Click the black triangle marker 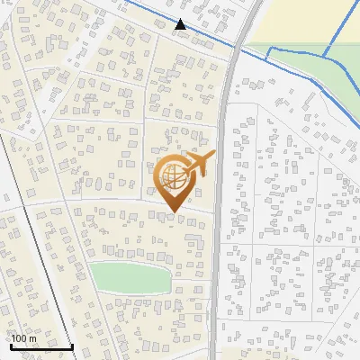point(181,24)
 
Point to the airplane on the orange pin point(199,164)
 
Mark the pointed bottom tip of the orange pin point(173,212)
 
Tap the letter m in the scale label point(32,338)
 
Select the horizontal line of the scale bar point(41,346)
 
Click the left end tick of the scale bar point(11,344)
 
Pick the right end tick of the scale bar point(72,344)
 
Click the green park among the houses point(130,277)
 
